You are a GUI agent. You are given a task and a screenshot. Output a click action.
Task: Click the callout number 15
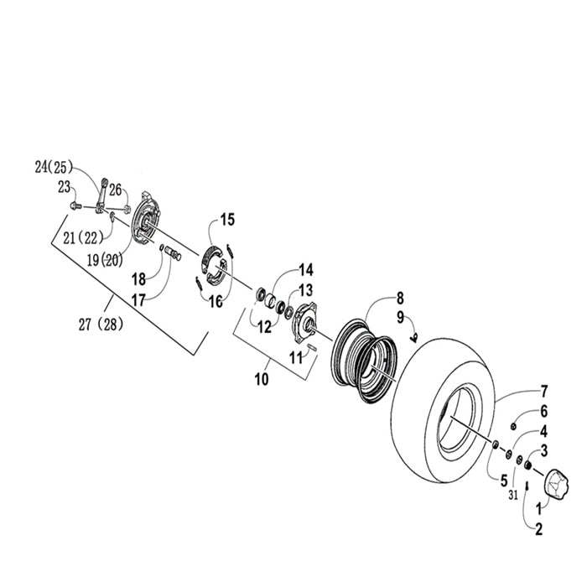(x=228, y=220)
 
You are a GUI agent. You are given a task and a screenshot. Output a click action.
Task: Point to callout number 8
(x=400, y=298)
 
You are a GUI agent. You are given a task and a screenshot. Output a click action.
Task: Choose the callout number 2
(x=538, y=529)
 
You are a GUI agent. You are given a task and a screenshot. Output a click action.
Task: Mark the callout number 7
(x=543, y=391)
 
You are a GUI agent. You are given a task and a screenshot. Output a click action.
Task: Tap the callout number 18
(x=138, y=278)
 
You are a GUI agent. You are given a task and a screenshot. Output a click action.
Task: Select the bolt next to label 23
(x=75, y=204)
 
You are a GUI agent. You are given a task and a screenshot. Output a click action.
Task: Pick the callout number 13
(x=305, y=289)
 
